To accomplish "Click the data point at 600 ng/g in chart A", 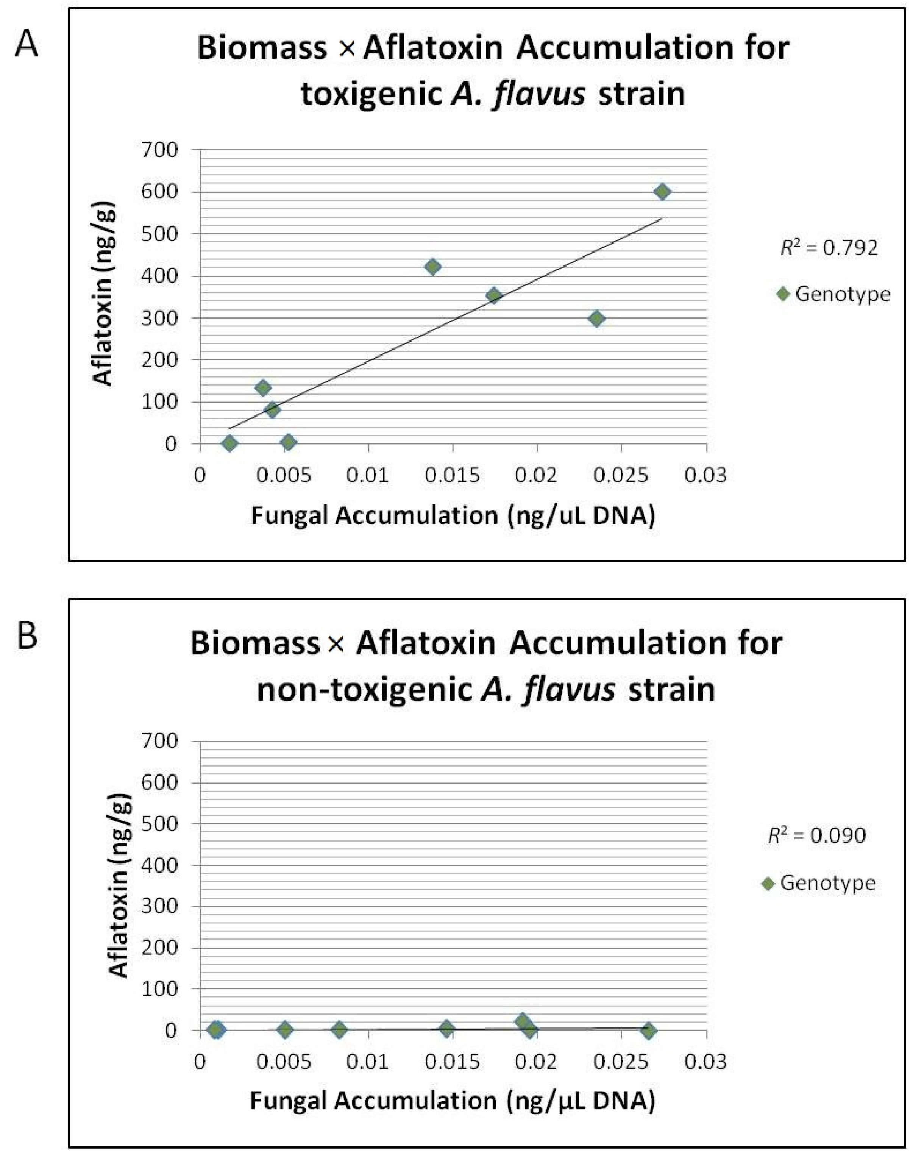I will tap(662, 192).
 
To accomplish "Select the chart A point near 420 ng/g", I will tap(433, 267).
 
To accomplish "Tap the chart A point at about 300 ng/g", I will tap(597, 319).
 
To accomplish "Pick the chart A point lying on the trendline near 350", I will tap(493, 296).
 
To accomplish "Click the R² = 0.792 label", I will tap(829, 248).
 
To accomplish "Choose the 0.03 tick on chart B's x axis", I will tap(706, 1061).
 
